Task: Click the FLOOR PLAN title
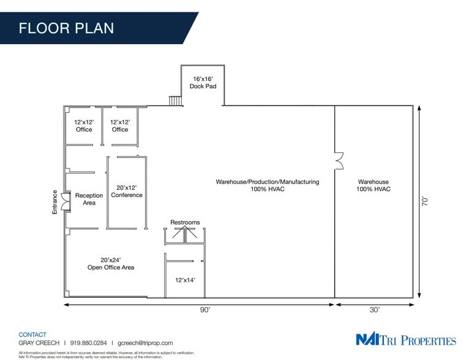click(66, 28)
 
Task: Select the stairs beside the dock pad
click(175, 100)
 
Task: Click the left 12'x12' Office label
click(83, 126)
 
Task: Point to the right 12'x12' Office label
click(120, 126)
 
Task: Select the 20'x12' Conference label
click(127, 191)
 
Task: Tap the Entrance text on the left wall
click(54, 201)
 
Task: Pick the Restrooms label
click(185, 222)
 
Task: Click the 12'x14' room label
click(185, 280)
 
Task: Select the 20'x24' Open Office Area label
click(110, 263)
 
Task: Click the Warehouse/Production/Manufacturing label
click(267, 186)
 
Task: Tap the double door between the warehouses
click(339, 160)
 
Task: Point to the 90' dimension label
click(204, 310)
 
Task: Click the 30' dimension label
click(374, 310)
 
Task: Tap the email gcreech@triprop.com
click(145, 343)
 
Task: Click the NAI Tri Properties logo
click(406, 340)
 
